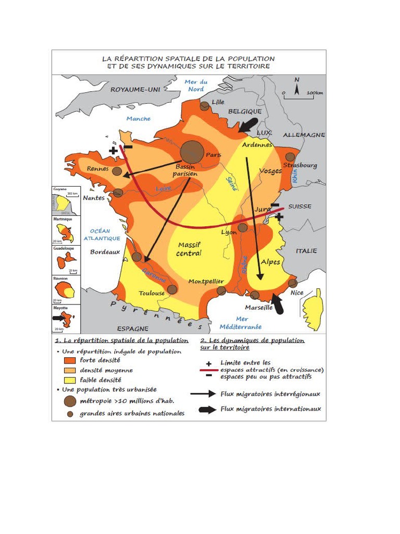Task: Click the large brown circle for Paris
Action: click(x=193, y=151)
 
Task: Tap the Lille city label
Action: click(x=218, y=102)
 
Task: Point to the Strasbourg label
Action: click(x=300, y=165)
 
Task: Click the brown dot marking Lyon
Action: click(x=243, y=227)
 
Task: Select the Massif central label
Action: click(x=189, y=249)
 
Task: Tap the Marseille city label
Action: click(x=259, y=308)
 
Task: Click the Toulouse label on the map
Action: click(x=152, y=293)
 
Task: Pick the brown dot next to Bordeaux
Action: click(x=136, y=257)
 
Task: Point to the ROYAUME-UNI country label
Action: click(x=135, y=90)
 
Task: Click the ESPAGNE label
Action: click(x=132, y=329)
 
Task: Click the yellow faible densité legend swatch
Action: click(x=69, y=380)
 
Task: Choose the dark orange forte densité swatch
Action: click(x=69, y=360)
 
